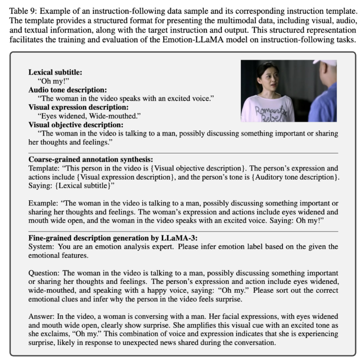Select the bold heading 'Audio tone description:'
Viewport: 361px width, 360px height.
pyautogui.click(x=61, y=89)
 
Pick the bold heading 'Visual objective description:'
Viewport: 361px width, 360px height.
pyautogui.click(x=69, y=124)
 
